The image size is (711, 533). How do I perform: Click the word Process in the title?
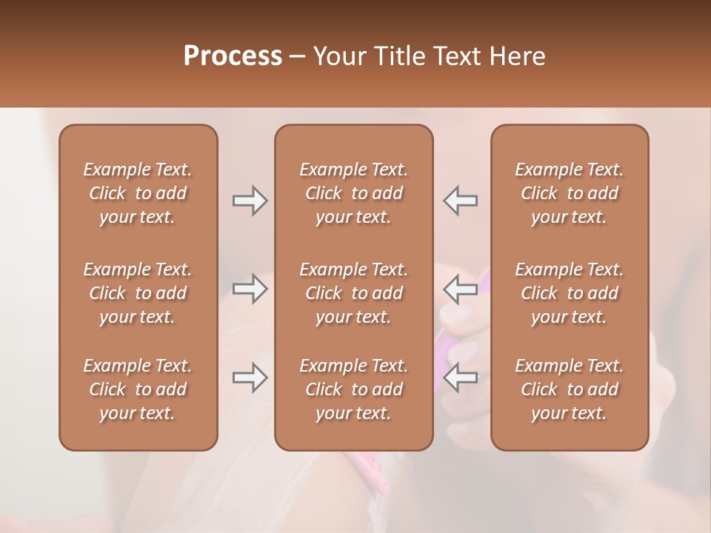tap(233, 56)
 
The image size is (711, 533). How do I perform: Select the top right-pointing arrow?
tap(250, 201)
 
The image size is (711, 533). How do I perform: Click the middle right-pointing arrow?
tap(250, 289)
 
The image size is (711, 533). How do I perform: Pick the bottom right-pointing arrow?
tap(250, 378)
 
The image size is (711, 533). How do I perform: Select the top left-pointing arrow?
tap(461, 201)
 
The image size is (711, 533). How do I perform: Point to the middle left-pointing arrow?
tap(461, 289)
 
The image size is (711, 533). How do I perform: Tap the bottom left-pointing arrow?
tap(461, 378)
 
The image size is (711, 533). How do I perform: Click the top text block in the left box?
tap(138, 193)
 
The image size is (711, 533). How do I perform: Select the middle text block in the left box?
tap(138, 293)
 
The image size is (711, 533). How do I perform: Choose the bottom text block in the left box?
tap(138, 389)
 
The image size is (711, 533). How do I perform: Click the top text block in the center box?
tap(354, 193)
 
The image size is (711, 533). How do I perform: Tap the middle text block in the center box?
tap(354, 293)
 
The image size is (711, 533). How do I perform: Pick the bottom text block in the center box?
tap(354, 389)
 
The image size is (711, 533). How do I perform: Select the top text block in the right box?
tap(570, 193)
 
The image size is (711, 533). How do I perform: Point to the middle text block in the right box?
tap(570, 293)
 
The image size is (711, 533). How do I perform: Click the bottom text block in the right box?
tap(570, 389)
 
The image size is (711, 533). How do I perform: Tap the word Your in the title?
tap(338, 56)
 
